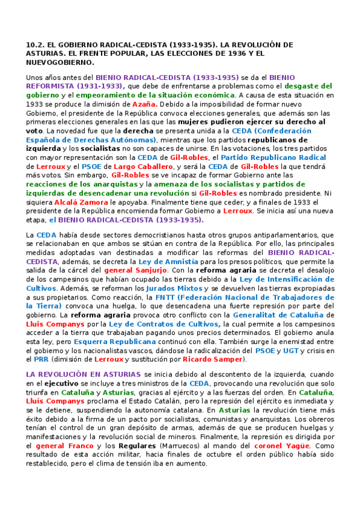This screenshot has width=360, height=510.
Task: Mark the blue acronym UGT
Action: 291,351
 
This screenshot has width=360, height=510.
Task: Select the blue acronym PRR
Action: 41,360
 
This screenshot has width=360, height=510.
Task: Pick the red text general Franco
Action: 63,446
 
